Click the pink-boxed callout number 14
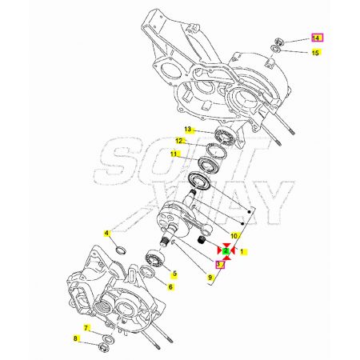318,38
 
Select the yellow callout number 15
315,53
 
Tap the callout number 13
188,130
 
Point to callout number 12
179,141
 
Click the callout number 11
174,154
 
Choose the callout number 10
234,236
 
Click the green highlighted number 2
226,250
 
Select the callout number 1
242,251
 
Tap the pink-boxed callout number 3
220,264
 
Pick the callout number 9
210,278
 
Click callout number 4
106,234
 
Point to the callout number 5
174,274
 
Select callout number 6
170,287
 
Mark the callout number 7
86,328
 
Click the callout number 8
75,338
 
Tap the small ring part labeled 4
122,250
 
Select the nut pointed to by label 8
103,347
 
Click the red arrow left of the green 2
219,250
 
